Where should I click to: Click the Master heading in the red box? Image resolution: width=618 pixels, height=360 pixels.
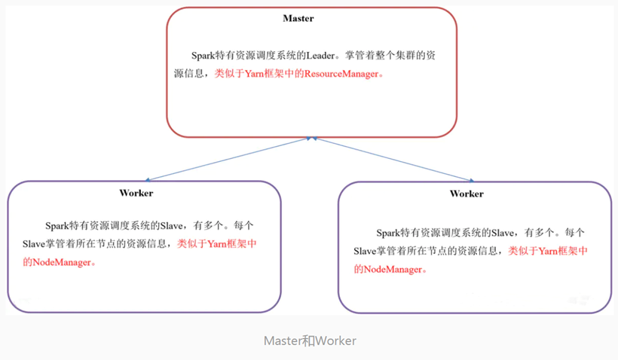click(x=298, y=18)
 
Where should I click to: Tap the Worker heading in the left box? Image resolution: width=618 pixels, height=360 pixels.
click(x=136, y=193)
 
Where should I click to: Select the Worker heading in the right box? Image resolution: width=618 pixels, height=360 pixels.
click(x=467, y=194)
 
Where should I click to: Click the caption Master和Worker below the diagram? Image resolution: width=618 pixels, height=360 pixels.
click(x=310, y=340)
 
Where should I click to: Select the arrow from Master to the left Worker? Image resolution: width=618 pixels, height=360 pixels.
click(x=226, y=159)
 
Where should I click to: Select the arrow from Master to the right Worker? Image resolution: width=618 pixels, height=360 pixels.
click(x=392, y=160)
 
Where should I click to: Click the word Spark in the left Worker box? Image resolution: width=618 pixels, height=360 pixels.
click(x=57, y=225)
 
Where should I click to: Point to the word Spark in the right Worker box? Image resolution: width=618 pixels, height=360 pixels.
click(x=389, y=233)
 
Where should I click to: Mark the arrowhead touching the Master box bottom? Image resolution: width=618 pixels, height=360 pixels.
click(x=309, y=139)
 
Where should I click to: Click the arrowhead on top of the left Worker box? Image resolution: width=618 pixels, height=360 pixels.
click(x=148, y=179)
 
